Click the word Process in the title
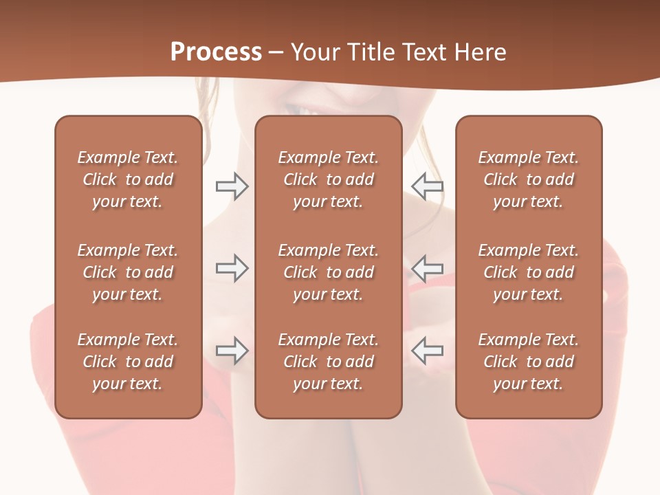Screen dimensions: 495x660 point(216,52)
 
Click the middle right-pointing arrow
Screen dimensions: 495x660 point(232,268)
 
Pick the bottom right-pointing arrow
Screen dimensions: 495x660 point(232,351)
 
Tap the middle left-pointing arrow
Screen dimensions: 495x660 point(428,268)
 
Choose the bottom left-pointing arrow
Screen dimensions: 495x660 point(428,351)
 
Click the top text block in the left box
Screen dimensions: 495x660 point(128,179)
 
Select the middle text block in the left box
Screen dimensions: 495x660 point(128,272)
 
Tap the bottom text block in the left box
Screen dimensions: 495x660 point(128,362)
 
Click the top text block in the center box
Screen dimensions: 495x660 point(329,179)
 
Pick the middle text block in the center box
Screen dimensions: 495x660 point(329,272)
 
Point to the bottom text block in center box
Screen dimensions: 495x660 point(329,362)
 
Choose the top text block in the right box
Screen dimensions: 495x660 point(529,179)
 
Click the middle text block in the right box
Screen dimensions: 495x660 point(529,272)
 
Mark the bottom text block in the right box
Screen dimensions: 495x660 point(529,362)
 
